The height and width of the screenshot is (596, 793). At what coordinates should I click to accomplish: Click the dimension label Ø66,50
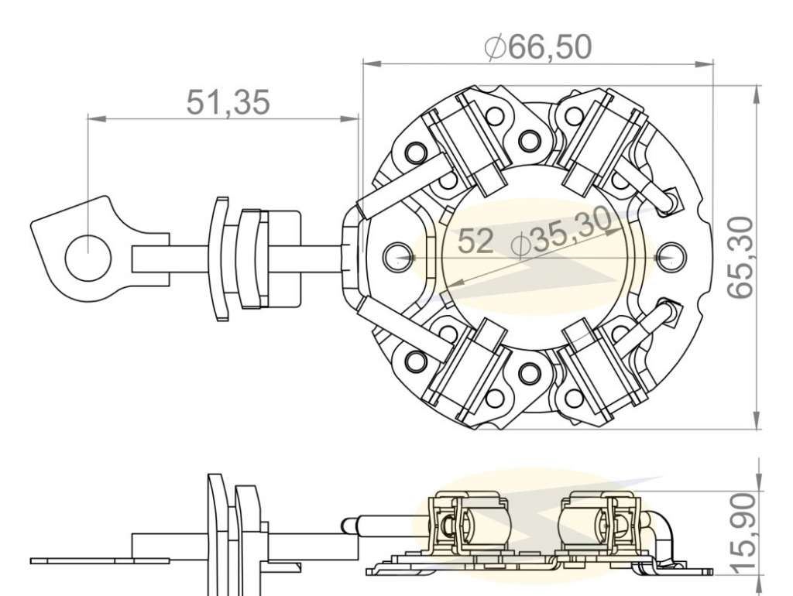[537, 47]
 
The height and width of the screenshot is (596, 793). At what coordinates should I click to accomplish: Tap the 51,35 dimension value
[228, 102]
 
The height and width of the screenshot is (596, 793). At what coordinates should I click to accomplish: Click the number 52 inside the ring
[475, 241]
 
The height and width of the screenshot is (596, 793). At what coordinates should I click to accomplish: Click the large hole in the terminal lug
[88, 258]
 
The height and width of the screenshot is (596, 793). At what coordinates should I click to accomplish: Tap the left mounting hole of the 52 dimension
[399, 257]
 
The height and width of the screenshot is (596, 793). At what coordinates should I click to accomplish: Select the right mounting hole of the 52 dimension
[671, 257]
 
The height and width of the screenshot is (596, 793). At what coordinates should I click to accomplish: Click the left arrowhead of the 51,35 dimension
[97, 118]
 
